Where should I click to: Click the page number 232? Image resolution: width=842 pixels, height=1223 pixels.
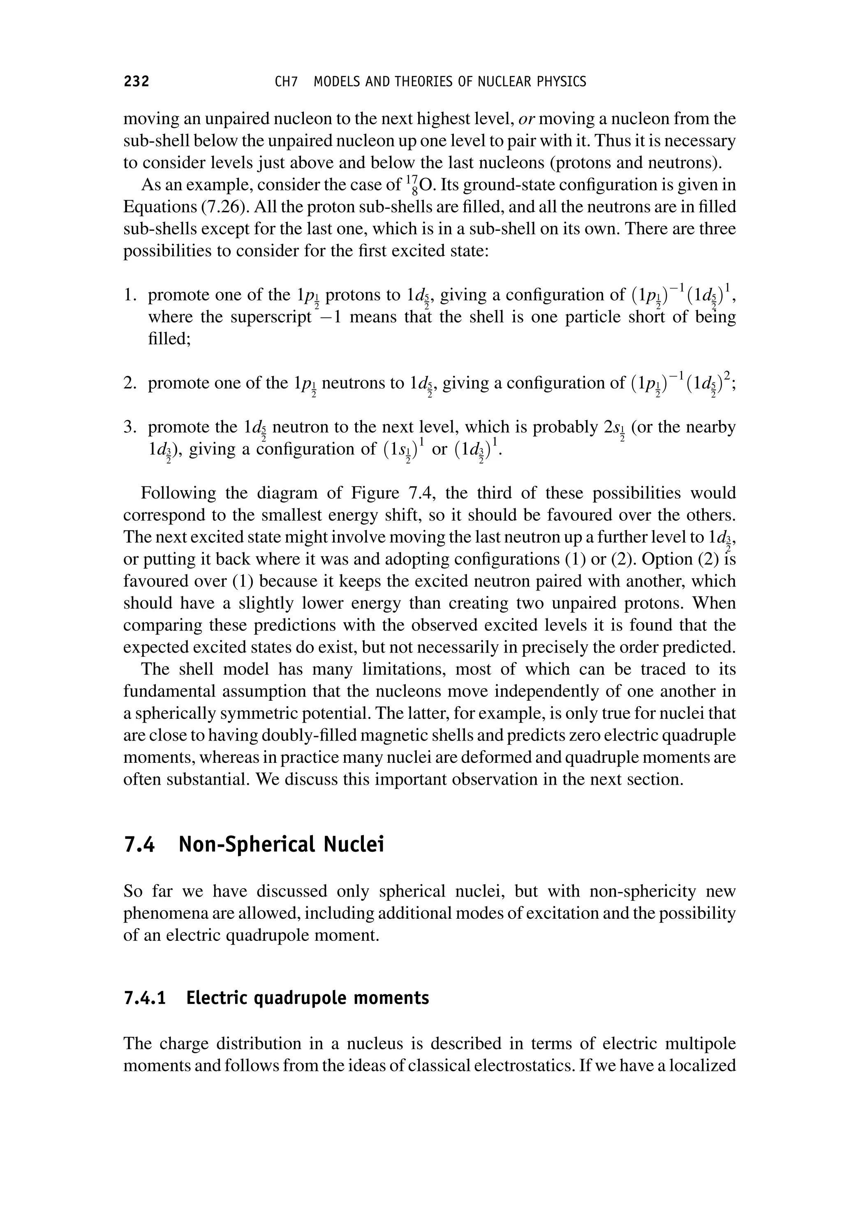[136, 81]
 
